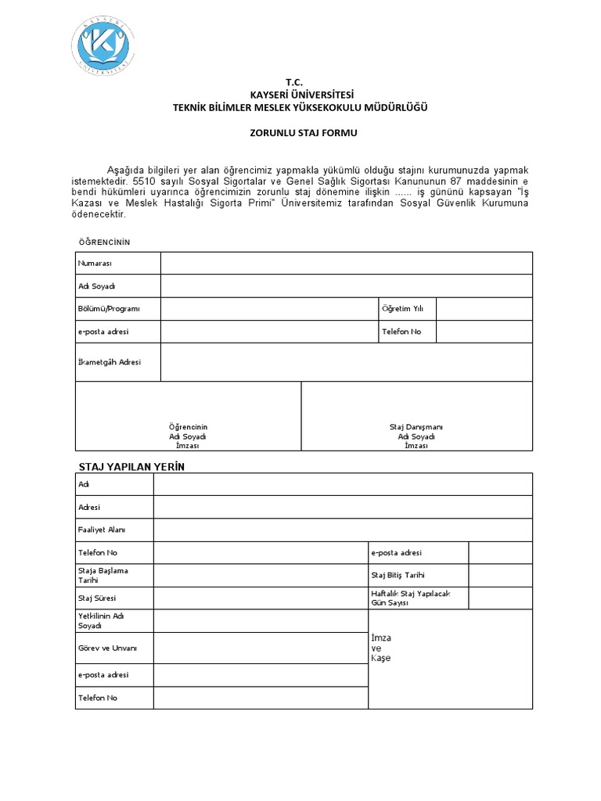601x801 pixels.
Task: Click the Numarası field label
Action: (x=95, y=264)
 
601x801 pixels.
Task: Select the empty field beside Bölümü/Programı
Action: (x=268, y=309)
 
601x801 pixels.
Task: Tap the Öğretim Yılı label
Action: (x=401, y=309)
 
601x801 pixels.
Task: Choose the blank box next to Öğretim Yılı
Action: (x=484, y=309)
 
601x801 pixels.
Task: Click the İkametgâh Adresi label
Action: (x=109, y=362)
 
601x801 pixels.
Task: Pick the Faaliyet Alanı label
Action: (x=102, y=530)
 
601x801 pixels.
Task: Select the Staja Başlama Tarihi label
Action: (x=103, y=575)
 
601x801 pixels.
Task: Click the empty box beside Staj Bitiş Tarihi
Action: (x=500, y=576)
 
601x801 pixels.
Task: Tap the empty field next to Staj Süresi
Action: (x=261, y=598)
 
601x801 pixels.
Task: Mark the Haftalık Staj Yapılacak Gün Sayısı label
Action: (x=411, y=598)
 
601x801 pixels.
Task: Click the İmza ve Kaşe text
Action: (x=380, y=648)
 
